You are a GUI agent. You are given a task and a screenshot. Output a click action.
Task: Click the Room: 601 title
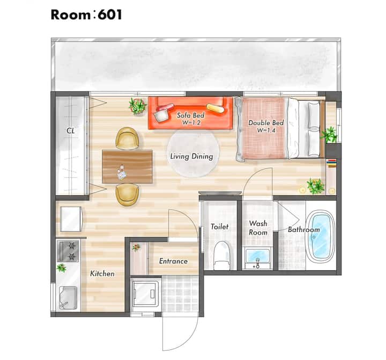point(86,15)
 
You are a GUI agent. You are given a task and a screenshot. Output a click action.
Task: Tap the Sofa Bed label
point(191,115)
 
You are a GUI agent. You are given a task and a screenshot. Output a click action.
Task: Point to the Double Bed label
point(266,123)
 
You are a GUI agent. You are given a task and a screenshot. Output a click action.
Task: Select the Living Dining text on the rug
point(192,156)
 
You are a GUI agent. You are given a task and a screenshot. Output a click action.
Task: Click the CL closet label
point(71,131)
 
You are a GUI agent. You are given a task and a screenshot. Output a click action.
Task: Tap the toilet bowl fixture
point(222,255)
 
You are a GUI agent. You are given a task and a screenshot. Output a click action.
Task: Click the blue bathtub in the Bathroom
point(320,236)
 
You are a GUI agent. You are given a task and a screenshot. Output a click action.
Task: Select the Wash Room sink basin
point(258,258)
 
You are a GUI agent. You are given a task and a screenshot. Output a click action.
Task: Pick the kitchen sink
point(68,298)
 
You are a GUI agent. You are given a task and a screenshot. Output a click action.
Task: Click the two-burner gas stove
point(68,251)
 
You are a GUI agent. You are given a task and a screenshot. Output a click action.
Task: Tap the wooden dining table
point(127,166)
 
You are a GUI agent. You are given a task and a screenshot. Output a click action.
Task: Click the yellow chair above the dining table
point(127,138)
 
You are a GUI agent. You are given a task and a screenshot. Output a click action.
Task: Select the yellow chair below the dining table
point(128,195)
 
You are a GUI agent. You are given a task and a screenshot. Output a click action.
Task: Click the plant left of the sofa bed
point(138,106)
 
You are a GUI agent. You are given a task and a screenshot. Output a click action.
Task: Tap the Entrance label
point(173,261)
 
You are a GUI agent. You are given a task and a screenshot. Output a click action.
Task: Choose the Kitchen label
point(102,274)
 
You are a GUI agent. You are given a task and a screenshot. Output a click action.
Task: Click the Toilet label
point(220,227)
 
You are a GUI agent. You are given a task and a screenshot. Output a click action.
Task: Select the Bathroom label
point(304,230)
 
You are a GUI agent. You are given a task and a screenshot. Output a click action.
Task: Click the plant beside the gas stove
point(61,268)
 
